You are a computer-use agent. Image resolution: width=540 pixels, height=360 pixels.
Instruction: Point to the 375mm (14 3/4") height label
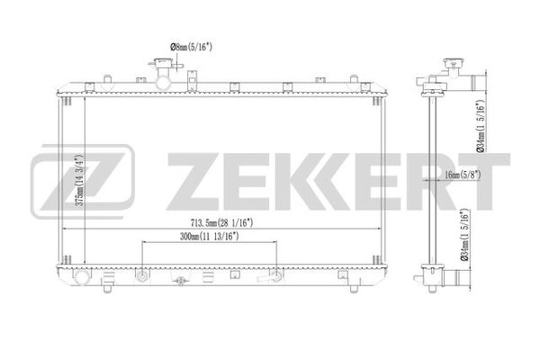(x=80, y=177)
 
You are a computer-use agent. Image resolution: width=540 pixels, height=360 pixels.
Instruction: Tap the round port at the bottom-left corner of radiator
(x=83, y=276)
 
